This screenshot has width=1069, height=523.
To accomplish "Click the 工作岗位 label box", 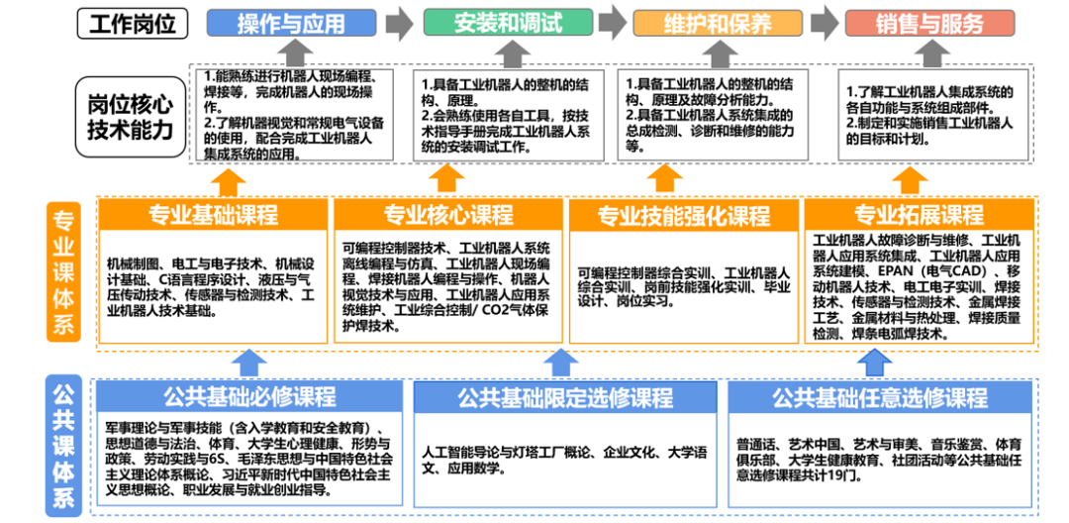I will [x=133, y=23].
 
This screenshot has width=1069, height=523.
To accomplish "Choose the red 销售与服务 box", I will [x=916, y=23].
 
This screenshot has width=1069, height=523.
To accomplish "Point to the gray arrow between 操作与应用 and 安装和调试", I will [x=399, y=22].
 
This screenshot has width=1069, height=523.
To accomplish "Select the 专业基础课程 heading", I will [x=213, y=214].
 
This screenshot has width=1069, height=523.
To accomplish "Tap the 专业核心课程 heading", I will [x=448, y=214].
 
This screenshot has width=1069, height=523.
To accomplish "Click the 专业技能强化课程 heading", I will [x=683, y=214].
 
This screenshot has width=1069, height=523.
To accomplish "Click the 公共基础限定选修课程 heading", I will [x=565, y=398].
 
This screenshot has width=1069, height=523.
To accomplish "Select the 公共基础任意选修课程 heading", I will [x=880, y=398].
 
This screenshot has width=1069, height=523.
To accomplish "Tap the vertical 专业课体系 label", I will [x=63, y=271].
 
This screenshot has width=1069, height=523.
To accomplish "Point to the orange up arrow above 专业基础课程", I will [x=230, y=179].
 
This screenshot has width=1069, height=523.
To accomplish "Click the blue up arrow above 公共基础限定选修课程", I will [x=561, y=364].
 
